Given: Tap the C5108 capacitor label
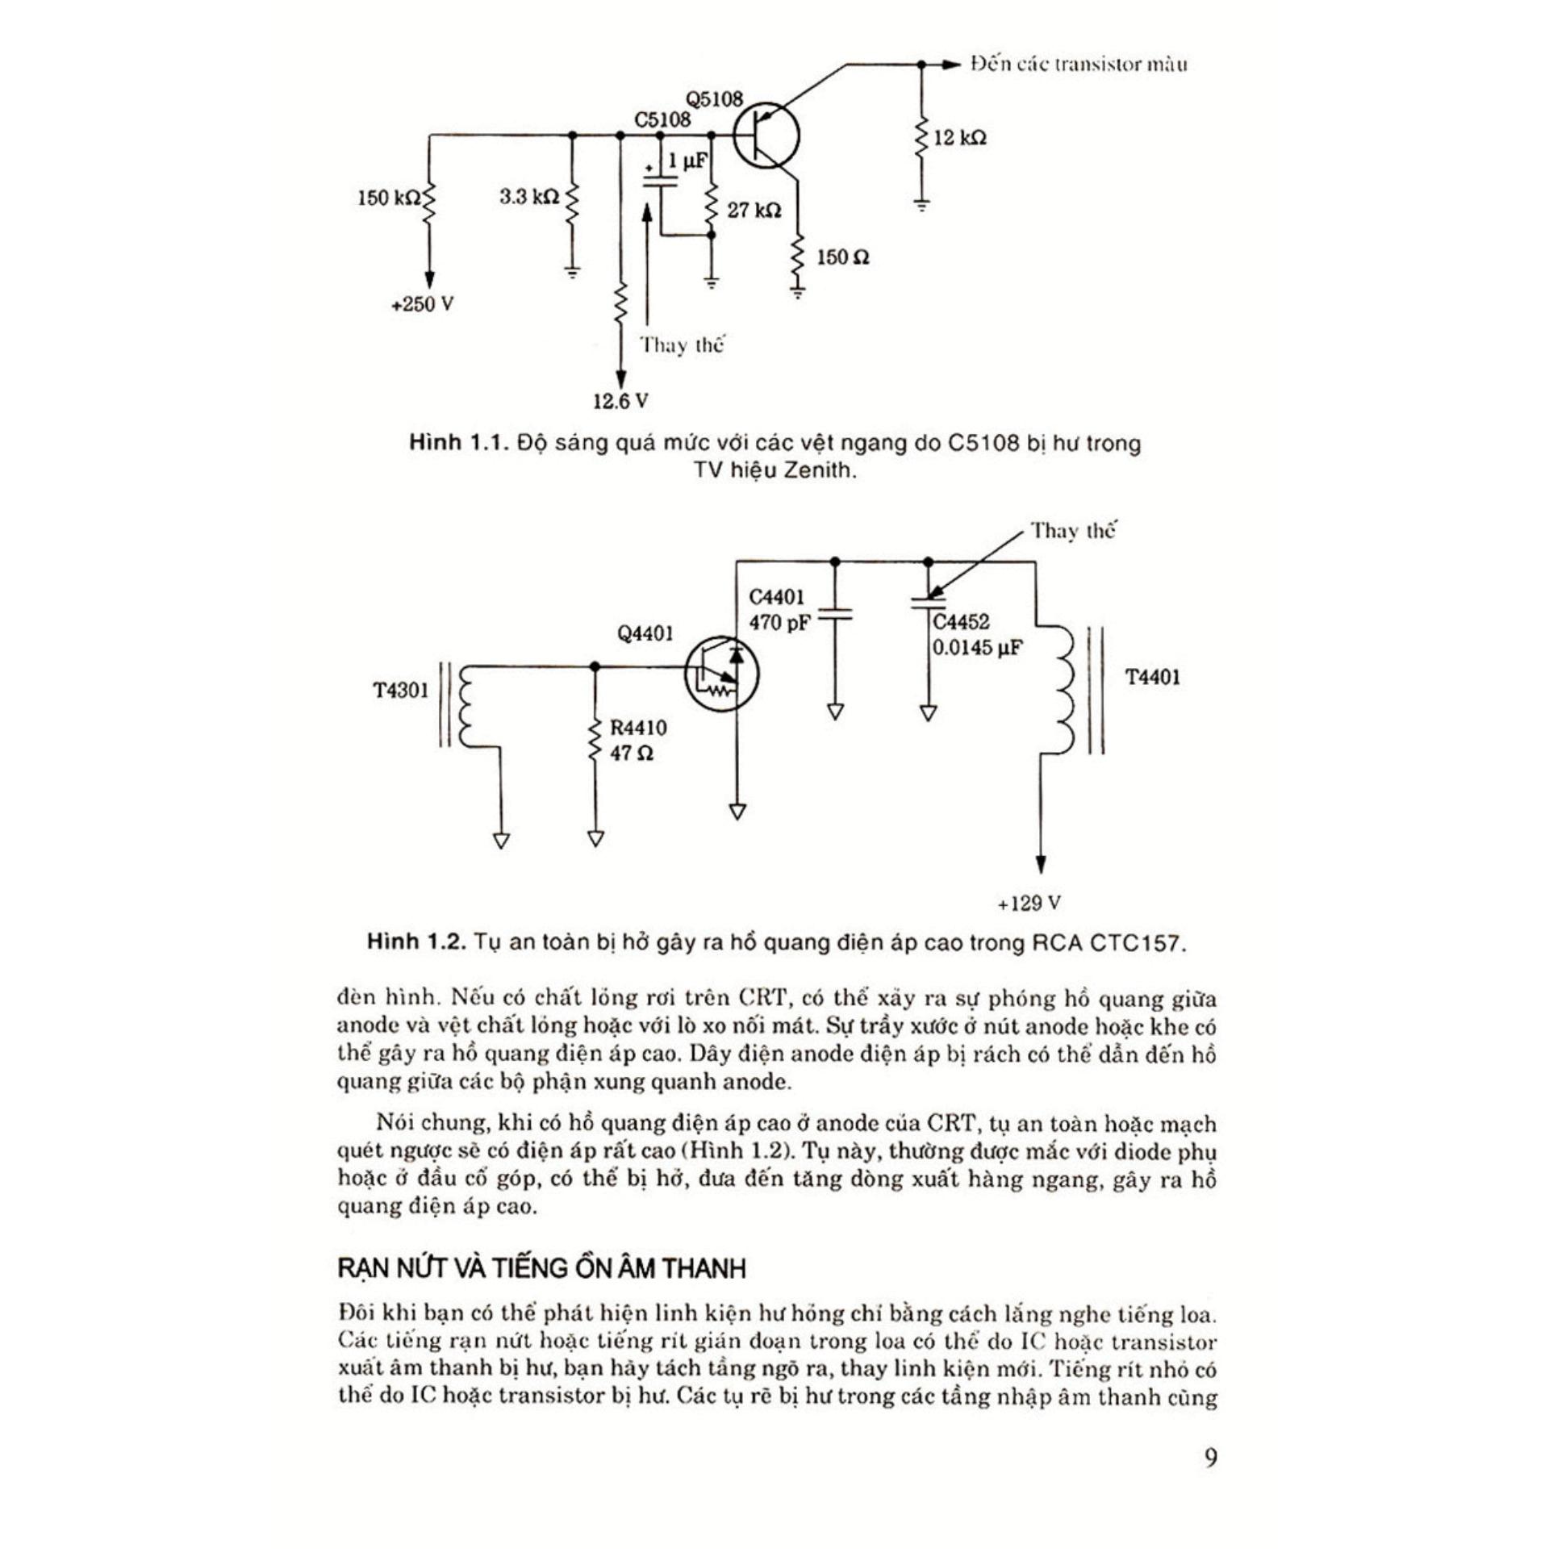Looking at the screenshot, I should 662,119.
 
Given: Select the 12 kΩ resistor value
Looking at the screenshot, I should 959,138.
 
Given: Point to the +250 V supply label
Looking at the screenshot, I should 422,305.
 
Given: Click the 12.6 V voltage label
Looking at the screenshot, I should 620,401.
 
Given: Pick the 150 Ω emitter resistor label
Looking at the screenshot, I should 843,258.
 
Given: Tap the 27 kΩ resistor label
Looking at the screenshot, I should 754,211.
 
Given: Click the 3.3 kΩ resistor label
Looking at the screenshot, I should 528,197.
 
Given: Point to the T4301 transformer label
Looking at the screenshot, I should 401,691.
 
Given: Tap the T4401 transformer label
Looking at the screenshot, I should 1152,677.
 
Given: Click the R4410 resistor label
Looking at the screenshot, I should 638,728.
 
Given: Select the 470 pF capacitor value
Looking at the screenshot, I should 779,623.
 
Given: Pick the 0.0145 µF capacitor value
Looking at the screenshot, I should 977,648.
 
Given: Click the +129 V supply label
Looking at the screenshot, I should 1028,903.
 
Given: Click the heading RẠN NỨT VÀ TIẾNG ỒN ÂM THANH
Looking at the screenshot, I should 541,1269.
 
